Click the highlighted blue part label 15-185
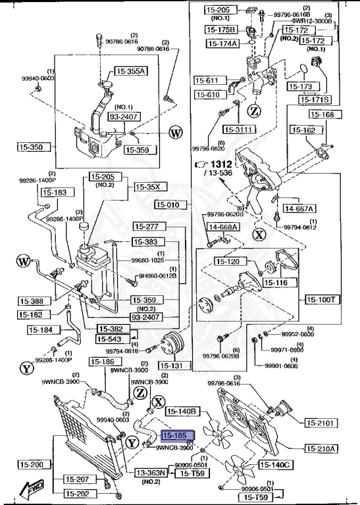pyautogui.click(x=175, y=436)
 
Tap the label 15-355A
pyautogui.click(x=132, y=71)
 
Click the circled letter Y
pyautogui.click(x=26, y=368)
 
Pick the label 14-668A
pyautogui.click(x=224, y=228)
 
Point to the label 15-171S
pyautogui.click(x=315, y=100)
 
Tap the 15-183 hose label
pyautogui.click(x=55, y=193)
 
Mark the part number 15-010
pyautogui.click(x=171, y=204)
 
